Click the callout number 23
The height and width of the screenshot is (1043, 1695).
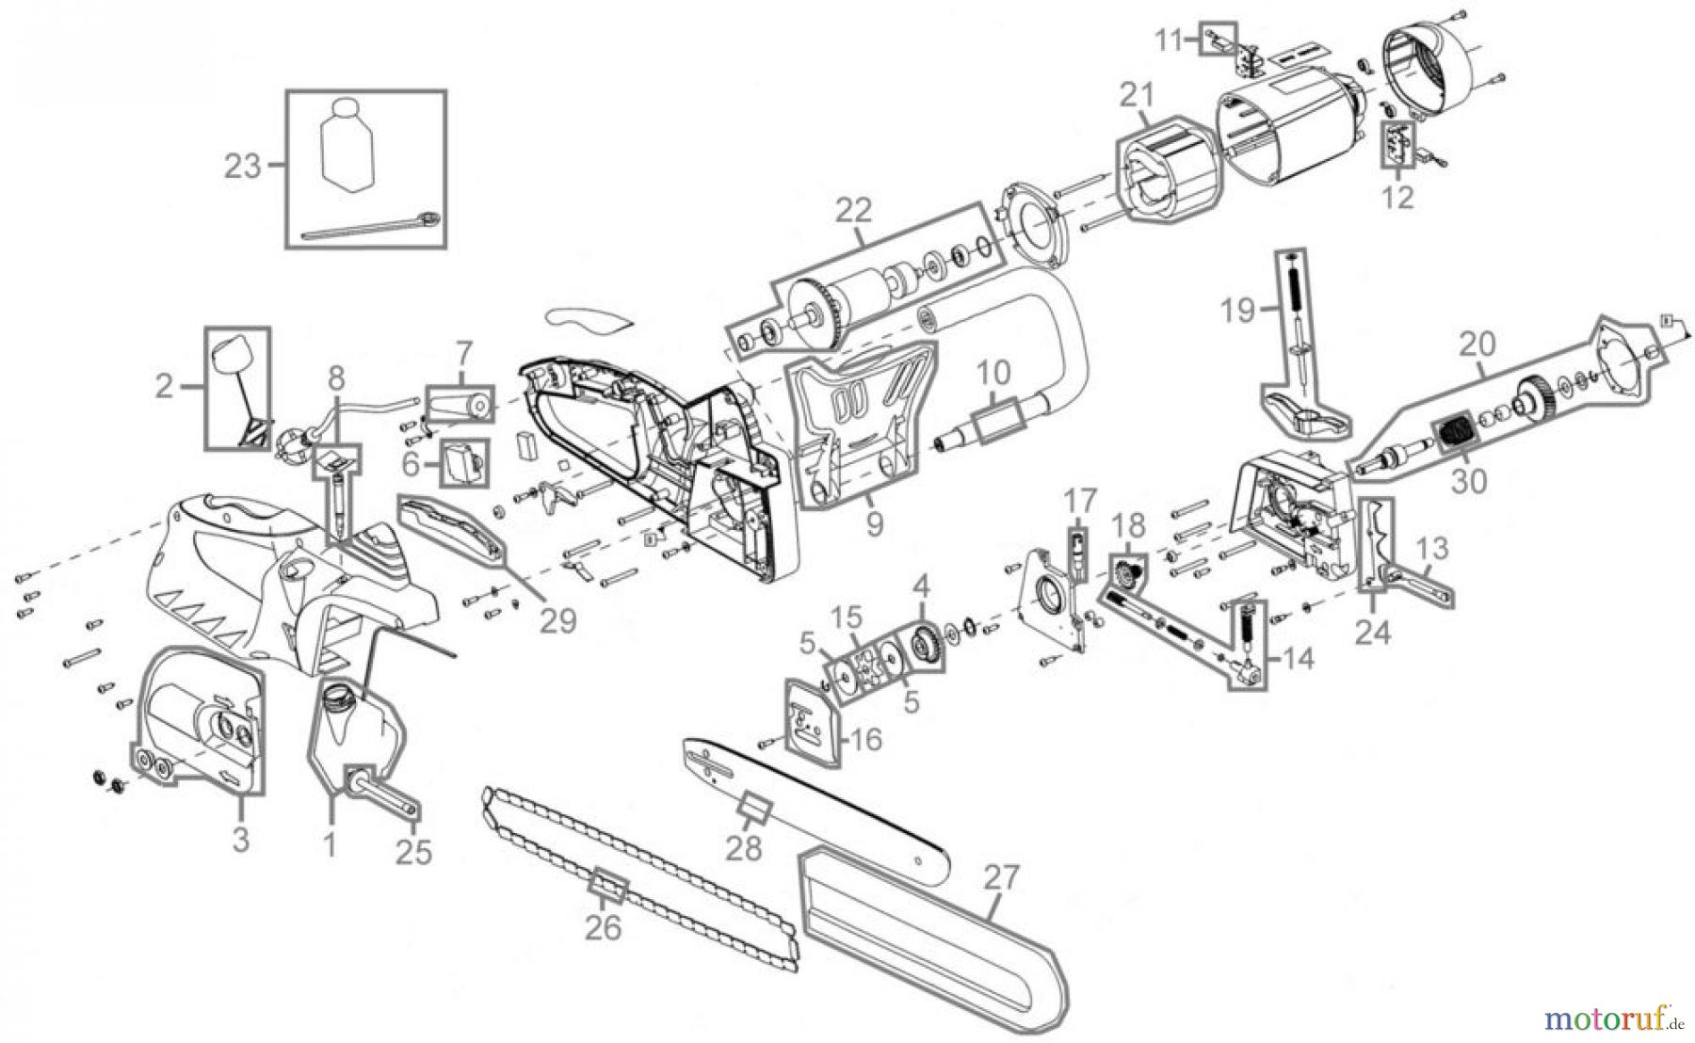(x=241, y=167)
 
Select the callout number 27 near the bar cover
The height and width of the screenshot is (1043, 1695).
(x=1000, y=878)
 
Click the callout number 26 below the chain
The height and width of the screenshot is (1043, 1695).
(x=603, y=927)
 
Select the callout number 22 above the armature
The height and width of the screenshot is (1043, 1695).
(x=853, y=211)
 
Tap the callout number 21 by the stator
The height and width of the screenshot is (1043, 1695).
(x=1137, y=96)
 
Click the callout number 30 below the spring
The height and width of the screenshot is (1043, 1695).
(x=1469, y=481)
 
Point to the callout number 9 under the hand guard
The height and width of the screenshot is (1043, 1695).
(x=874, y=523)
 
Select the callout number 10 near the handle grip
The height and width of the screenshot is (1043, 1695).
(x=993, y=374)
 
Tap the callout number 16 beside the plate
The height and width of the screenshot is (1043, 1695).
(x=864, y=740)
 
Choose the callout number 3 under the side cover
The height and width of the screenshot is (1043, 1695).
(x=241, y=838)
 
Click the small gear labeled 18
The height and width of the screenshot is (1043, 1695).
(x=1126, y=572)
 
